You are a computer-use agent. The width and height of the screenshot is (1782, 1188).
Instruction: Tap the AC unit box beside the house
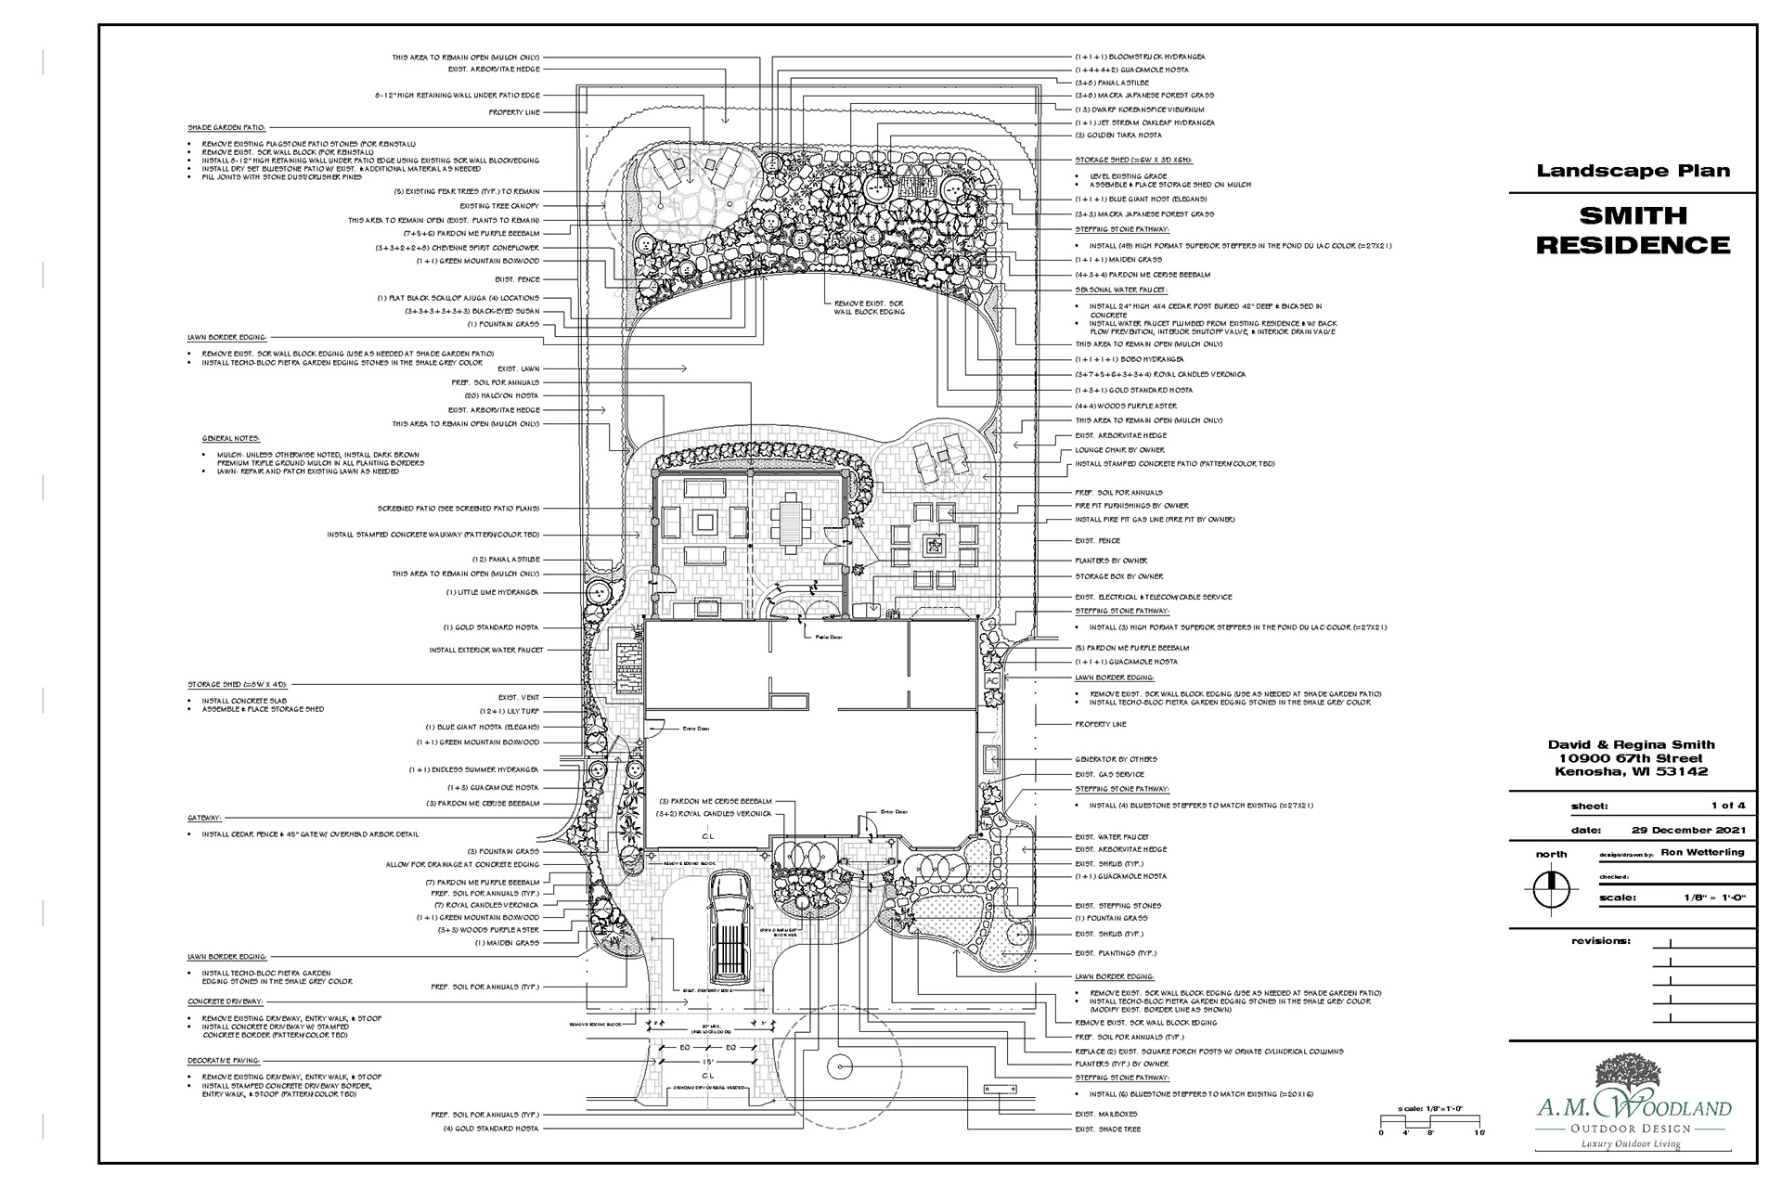point(991,680)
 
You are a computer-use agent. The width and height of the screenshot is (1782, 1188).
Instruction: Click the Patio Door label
point(816,638)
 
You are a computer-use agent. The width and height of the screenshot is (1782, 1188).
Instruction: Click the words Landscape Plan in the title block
point(1633,171)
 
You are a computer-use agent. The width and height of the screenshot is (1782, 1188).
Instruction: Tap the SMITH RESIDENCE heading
point(1633,230)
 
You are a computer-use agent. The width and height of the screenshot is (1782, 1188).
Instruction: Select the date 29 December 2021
point(1688,830)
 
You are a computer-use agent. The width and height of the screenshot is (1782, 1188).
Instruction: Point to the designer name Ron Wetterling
point(1702,852)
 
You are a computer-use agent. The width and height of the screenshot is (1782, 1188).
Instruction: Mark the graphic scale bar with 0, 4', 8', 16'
point(1432,1123)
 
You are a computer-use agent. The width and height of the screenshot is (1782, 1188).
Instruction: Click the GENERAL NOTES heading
point(231,438)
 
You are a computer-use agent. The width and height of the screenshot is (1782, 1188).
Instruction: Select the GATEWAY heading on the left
point(204,819)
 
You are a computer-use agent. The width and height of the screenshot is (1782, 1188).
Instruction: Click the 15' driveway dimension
point(706,1061)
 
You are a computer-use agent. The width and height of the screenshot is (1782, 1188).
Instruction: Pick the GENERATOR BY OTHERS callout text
point(1116,759)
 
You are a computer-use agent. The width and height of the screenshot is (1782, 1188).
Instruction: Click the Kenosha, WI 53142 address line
point(1632,772)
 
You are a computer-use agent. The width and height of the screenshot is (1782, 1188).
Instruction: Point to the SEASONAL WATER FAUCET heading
point(1119,290)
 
